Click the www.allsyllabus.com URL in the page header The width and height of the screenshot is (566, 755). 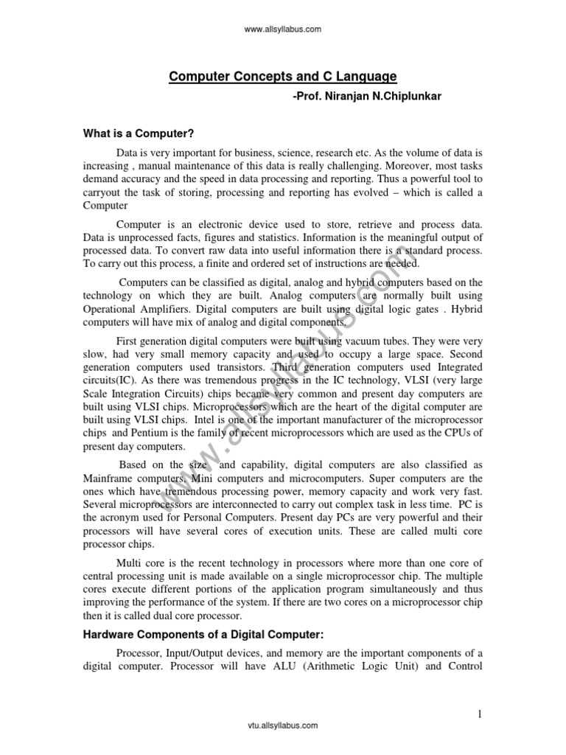pos(283,29)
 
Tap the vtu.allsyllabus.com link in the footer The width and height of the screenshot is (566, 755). pos(283,726)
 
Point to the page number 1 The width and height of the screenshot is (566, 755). pos(478,713)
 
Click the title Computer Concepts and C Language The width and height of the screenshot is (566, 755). pos(284,76)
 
